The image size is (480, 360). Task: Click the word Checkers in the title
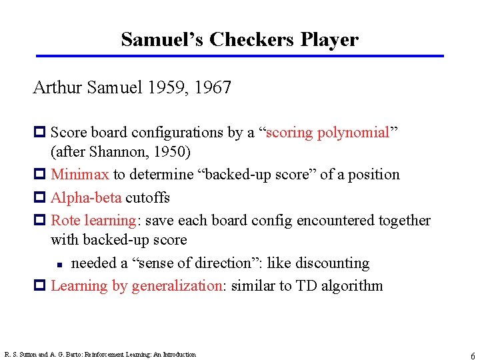pos(252,40)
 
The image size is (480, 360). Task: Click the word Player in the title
pos(329,40)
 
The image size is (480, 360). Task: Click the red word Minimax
pos(80,175)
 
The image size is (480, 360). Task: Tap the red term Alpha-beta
pos(86,197)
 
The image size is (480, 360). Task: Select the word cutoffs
pos(147,197)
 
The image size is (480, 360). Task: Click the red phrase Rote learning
pos(93,220)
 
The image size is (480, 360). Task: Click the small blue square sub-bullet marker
pos(59,264)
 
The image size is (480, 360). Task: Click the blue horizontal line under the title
pos(240,56)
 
